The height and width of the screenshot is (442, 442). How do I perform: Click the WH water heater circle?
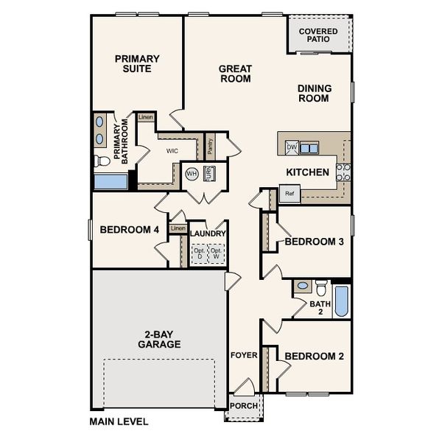[192, 174]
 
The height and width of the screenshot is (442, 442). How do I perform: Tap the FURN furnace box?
[209, 174]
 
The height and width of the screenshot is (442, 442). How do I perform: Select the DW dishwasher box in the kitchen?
[292, 147]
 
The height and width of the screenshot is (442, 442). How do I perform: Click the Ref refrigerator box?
[290, 194]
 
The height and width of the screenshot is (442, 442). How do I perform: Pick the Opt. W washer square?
[217, 253]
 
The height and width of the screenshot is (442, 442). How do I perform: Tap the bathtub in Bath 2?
[342, 301]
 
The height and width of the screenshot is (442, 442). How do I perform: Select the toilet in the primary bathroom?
[100, 161]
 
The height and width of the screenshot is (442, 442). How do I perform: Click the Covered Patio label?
[318, 36]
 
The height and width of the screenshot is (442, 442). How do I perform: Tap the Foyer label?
[244, 355]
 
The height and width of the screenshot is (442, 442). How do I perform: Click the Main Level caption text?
[119, 422]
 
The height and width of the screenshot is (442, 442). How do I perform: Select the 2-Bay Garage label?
[159, 339]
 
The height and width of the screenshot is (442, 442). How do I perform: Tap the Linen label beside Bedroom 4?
[178, 229]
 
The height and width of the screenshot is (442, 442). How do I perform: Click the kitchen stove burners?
[343, 172]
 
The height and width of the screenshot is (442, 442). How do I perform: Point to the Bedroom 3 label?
[315, 242]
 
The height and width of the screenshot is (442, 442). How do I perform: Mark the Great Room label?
[236, 74]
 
